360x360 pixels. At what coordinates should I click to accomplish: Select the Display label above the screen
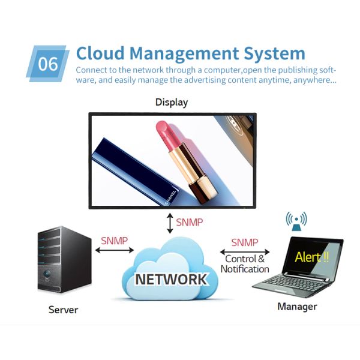click(171, 102)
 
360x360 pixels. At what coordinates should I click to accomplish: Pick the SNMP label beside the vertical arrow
click(190, 223)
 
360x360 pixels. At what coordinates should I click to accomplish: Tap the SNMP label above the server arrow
click(113, 241)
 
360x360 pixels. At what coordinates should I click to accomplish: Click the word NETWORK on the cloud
click(171, 280)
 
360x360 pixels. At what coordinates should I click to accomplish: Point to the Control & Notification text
click(244, 264)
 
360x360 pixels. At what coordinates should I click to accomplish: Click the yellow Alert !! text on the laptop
click(312, 257)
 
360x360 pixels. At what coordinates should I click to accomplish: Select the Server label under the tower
click(63, 310)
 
